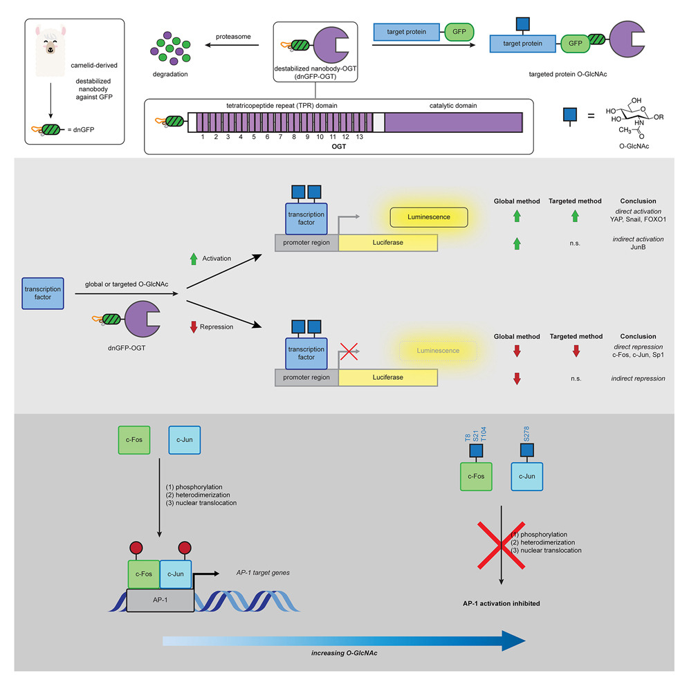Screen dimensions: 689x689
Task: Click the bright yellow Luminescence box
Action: pyautogui.click(x=429, y=217)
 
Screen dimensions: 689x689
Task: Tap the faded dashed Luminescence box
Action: pyautogui.click(x=438, y=351)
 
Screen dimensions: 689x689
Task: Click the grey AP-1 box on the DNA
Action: pyautogui.click(x=160, y=600)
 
